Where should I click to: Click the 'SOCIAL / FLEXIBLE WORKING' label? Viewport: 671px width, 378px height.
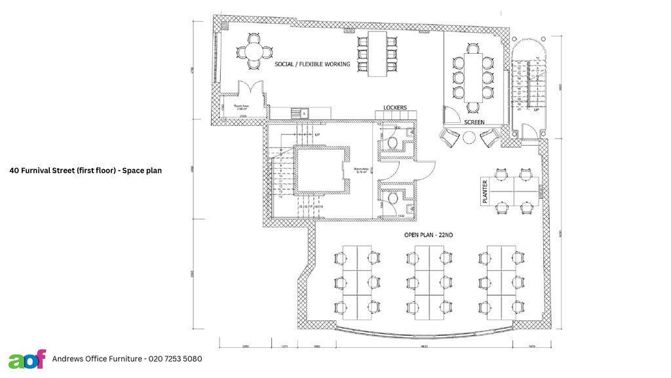tap(313, 64)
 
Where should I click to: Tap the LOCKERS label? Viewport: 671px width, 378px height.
tap(395, 108)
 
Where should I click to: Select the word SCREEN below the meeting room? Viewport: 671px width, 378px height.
tap(474, 122)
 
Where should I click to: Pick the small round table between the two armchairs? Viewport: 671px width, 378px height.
tap(470, 138)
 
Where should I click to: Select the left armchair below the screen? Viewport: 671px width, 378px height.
tap(450, 138)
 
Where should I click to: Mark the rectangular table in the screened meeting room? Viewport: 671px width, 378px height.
tap(473, 76)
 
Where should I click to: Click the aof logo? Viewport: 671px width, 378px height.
tap(27, 359)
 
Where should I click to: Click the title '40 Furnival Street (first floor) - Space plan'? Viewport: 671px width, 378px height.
tap(85, 170)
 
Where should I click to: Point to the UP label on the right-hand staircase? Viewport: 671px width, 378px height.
tap(537, 110)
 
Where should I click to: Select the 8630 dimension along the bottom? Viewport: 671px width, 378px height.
tap(424, 346)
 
